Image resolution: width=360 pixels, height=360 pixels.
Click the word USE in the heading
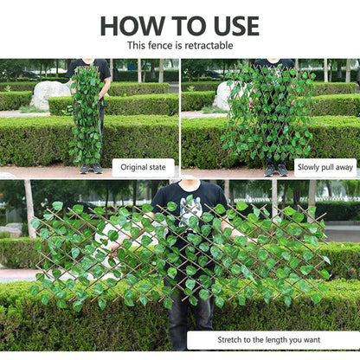pos(228,25)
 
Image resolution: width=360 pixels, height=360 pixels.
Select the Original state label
pos(144,168)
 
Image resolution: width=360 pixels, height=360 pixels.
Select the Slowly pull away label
pos(325,168)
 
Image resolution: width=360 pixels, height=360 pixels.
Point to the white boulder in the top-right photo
pos(222,95)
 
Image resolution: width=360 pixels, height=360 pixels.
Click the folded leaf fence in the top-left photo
pos(86,112)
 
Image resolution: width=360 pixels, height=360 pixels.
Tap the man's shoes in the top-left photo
pos(90,169)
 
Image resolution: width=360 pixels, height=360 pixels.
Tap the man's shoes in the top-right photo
pos(275,170)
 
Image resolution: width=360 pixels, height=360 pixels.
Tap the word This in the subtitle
pos(138,45)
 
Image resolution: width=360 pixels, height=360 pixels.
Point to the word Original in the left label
pos(133,168)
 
